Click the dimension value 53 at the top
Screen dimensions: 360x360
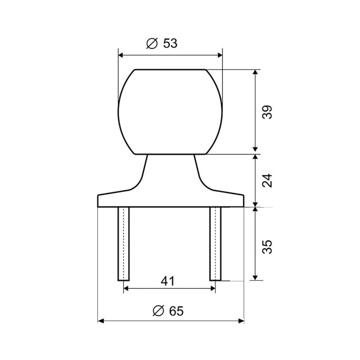170,43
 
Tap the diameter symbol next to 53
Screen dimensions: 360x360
152,43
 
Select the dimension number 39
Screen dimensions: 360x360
267,112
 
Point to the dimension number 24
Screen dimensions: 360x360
267,181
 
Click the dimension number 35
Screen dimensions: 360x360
267,247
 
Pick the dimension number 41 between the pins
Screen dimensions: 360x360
168,281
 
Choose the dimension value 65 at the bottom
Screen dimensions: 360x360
176,311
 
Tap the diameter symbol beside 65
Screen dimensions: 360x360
159,311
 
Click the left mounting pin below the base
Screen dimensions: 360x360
124,244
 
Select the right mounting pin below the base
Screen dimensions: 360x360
215,244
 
